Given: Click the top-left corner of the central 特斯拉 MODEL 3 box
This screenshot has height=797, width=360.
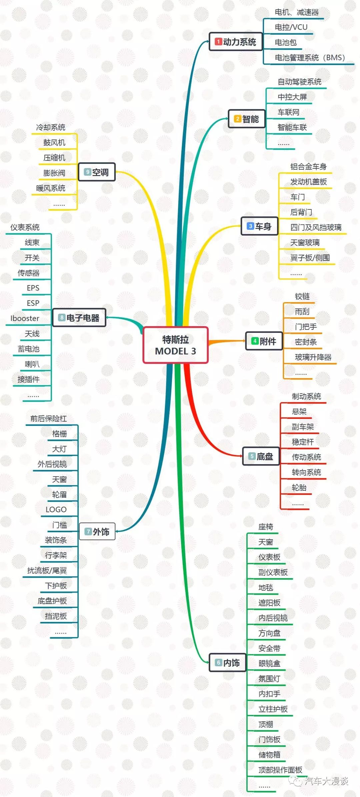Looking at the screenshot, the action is click(143, 327).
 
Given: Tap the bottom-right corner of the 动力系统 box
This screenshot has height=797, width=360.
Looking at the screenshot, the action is click(262, 50).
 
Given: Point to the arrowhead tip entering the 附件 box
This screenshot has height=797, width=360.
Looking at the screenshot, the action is click(246, 341).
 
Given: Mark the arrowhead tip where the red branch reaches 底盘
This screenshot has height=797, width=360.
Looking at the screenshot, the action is click(243, 456).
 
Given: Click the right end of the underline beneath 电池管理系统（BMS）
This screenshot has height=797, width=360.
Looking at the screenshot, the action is click(354, 64).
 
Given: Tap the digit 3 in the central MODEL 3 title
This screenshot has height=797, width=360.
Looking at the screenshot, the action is click(193, 351).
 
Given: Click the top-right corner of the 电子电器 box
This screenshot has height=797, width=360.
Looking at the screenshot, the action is click(105, 309).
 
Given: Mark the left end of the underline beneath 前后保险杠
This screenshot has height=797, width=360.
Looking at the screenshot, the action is click(26, 425).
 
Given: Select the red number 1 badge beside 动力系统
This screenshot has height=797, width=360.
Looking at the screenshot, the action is click(218, 42).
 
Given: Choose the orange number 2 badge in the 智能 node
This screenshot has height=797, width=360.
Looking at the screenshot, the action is click(237, 119).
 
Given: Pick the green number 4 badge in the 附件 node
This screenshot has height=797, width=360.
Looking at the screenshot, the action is click(255, 341).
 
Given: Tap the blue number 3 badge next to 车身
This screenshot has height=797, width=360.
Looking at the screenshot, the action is click(250, 226).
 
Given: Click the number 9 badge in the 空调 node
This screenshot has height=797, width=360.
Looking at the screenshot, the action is click(87, 172).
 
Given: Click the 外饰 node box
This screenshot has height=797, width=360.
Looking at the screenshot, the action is click(97, 531).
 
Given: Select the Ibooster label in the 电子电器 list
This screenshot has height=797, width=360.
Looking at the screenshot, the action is click(25, 318).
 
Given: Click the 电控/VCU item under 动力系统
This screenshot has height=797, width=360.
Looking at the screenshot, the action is click(291, 27).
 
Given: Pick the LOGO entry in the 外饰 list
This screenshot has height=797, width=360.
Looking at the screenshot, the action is click(56, 510).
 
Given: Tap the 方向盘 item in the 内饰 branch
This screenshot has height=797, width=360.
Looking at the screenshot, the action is click(269, 633).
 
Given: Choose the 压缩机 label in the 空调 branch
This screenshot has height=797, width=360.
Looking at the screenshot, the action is click(54, 158).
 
